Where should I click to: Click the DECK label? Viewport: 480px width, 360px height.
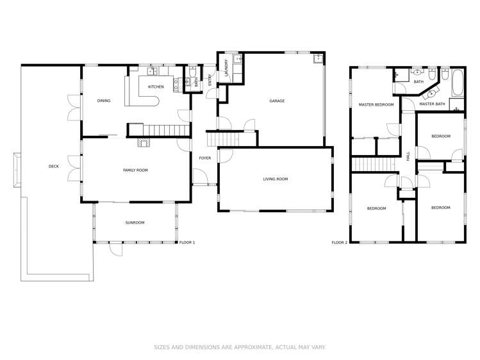pyautogui.click(x=54, y=167)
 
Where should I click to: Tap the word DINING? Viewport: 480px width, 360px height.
pyautogui.click(x=104, y=101)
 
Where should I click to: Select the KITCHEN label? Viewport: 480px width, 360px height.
pyautogui.click(x=156, y=87)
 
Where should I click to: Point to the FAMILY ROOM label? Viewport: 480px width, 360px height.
pyautogui.click(x=135, y=170)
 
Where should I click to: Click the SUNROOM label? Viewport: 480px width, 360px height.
pyautogui.click(x=135, y=223)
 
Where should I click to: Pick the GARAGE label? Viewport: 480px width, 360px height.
pyautogui.click(x=277, y=101)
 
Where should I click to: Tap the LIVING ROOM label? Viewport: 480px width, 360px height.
pyautogui.click(x=276, y=179)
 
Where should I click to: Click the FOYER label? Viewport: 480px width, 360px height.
pyautogui.click(x=205, y=158)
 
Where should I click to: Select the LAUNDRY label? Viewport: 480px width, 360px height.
pyautogui.click(x=226, y=68)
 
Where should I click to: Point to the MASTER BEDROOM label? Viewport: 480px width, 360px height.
pyautogui.click(x=376, y=104)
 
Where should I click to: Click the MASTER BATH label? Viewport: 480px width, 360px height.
pyautogui.click(x=432, y=104)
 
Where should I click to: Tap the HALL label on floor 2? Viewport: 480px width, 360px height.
pyautogui.click(x=408, y=156)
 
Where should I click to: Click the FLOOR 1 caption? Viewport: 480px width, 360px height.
pyautogui.click(x=187, y=243)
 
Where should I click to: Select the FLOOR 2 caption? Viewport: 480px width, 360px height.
pyautogui.click(x=340, y=243)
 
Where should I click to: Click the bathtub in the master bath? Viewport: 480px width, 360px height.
pyautogui.click(x=457, y=83)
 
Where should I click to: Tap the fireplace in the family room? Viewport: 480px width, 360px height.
pyautogui.click(x=144, y=143)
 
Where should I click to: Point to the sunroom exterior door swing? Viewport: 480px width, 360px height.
pyautogui.click(x=116, y=249)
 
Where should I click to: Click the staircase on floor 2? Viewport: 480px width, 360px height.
pyautogui.click(x=375, y=164)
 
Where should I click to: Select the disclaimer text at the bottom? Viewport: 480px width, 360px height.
pyautogui.click(x=240, y=347)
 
